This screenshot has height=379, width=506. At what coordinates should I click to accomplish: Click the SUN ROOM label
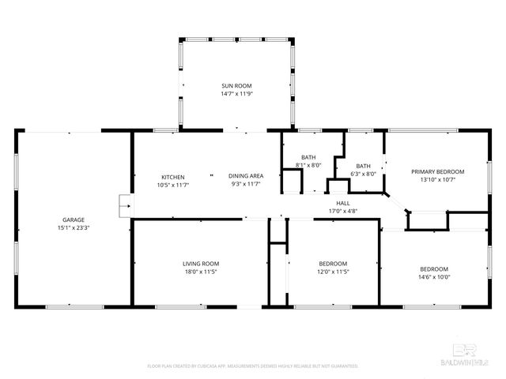click(x=236, y=84)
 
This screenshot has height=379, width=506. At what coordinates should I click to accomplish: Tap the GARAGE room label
click(x=74, y=220)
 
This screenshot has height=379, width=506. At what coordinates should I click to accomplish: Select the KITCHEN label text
click(x=173, y=176)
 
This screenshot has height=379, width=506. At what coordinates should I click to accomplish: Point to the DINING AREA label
click(x=246, y=176)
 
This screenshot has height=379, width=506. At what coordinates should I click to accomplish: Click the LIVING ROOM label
click(x=201, y=263)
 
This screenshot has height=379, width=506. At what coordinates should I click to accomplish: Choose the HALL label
click(x=343, y=203)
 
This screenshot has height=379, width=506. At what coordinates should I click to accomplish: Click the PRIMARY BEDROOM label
click(x=437, y=171)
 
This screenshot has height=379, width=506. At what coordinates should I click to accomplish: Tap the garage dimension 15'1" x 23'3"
click(x=74, y=228)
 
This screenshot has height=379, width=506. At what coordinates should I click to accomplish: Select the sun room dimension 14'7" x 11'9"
click(x=236, y=93)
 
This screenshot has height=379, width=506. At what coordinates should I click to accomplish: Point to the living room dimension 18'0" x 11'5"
click(x=201, y=272)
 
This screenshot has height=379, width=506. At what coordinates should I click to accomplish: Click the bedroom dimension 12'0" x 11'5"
click(x=333, y=272)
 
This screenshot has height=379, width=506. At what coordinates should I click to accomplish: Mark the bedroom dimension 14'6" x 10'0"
click(x=434, y=277)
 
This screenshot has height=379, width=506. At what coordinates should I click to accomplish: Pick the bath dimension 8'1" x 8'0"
click(x=308, y=165)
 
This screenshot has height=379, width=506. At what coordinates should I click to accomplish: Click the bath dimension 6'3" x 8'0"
click(x=364, y=174)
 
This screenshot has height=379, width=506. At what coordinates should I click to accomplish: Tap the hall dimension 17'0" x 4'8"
click(x=343, y=211)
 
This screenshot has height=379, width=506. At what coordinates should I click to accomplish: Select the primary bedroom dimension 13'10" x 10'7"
click(x=437, y=180)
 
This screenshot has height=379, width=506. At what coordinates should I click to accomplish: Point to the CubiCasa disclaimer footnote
click(x=253, y=366)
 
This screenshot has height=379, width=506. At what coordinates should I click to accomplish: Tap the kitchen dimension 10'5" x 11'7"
click(x=173, y=185)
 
